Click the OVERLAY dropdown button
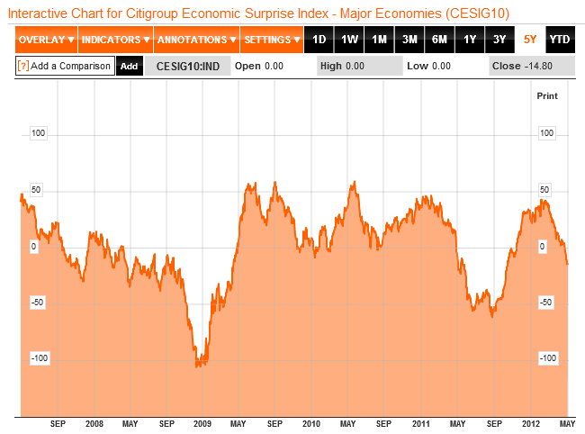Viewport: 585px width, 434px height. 46,40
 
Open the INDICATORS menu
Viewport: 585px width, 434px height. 116,40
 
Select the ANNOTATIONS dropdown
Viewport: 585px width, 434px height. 197,40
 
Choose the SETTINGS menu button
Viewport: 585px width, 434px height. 273,40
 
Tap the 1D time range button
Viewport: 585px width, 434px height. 319,40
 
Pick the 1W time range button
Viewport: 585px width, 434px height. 349,40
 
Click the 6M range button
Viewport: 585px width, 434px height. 439,40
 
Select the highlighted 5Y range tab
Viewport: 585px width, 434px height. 530,40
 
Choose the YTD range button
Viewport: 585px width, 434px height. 559,40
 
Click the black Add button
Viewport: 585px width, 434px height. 129,66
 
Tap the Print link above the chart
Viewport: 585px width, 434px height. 547,95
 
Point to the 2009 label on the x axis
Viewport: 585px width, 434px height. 202,423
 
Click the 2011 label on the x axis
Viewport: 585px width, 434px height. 420,423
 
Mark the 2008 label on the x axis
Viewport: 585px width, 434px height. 93,423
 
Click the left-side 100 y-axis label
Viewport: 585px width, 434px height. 39,133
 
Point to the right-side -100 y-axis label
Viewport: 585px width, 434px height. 545,358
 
